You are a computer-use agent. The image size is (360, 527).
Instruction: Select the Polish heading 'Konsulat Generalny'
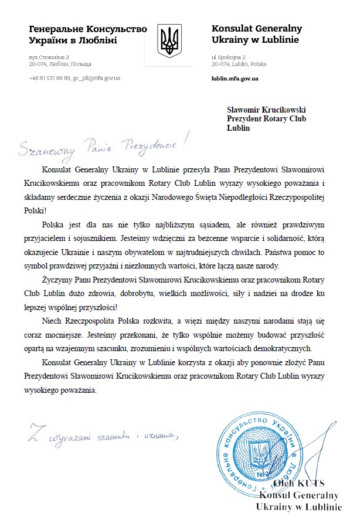pos(256,29)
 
